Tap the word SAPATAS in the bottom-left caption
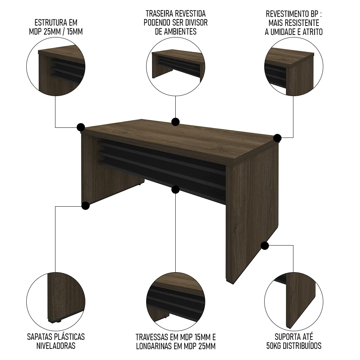pyautogui.click(x=40, y=337)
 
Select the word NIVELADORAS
pyautogui.click(x=56, y=346)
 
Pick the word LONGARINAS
pyautogui.click(x=154, y=346)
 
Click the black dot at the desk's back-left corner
pyautogui.click(x=81, y=127)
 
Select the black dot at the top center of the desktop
pyautogui.click(x=175, y=122)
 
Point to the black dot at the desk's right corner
pyautogui.click(x=277, y=138)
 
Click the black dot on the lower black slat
pyautogui.click(x=175, y=189)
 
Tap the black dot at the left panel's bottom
pyautogui.click(x=85, y=206)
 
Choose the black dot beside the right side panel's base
pyautogui.click(x=265, y=246)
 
